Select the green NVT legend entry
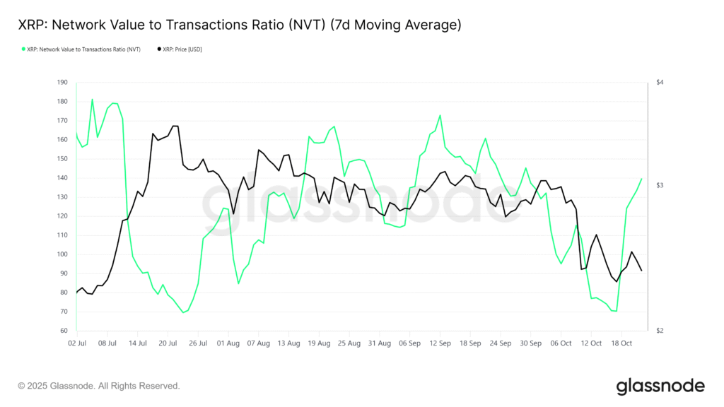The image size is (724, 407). point(81,49)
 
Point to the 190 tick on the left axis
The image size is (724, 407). point(62,83)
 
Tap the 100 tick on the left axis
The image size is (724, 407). point(62,254)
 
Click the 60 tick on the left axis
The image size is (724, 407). point(64,331)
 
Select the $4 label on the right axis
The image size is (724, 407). point(659,83)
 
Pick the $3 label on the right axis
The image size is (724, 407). point(659,185)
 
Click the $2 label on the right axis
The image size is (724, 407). point(659,331)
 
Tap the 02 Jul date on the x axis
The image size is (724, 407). point(76,343)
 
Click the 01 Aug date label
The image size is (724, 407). point(228,343)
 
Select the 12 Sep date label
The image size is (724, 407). point(440,343)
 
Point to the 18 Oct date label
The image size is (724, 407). point(621,343)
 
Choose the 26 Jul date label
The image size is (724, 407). point(198,343)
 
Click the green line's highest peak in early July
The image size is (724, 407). point(92,99)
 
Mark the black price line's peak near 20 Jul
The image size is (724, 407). point(175,126)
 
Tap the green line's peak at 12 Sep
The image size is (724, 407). point(440,115)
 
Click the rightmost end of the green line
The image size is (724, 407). point(642,179)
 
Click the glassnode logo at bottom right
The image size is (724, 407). point(660,386)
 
